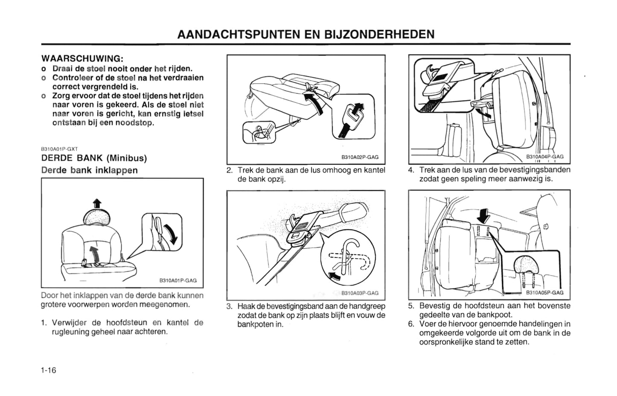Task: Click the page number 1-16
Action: click(49, 370)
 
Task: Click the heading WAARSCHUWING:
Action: click(82, 58)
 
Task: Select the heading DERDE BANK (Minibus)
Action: click(94, 158)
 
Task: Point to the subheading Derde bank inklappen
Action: click(89, 170)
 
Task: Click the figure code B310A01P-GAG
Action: click(178, 280)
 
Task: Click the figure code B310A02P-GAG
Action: click(360, 157)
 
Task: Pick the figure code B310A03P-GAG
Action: click(360, 293)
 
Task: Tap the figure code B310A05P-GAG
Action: click(544, 292)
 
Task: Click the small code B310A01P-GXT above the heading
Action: click(59, 149)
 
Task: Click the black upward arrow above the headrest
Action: click(97, 203)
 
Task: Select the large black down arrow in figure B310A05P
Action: click(483, 215)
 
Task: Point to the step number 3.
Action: click(229, 306)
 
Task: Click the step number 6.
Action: click(411, 324)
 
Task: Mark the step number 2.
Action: click(229, 170)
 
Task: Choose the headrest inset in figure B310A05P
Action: click(526, 266)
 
